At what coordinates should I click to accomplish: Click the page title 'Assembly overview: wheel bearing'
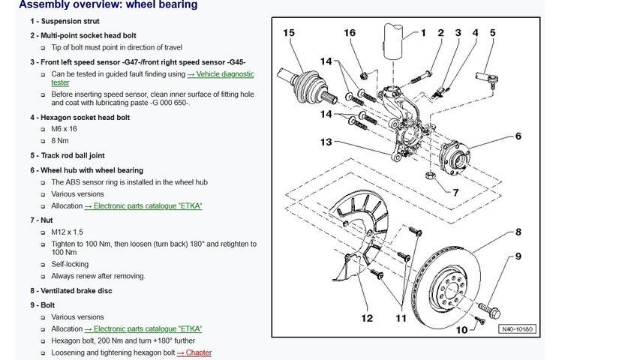coord(108,5)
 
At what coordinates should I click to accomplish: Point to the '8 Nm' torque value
coord(60,140)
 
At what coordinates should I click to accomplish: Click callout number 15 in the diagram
coord(290,32)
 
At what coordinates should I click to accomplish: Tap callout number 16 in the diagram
coord(350,32)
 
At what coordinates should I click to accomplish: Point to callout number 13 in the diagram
coord(325,142)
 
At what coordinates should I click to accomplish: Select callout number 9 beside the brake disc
coord(517,256)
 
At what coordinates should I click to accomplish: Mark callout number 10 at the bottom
coord(461,329)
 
